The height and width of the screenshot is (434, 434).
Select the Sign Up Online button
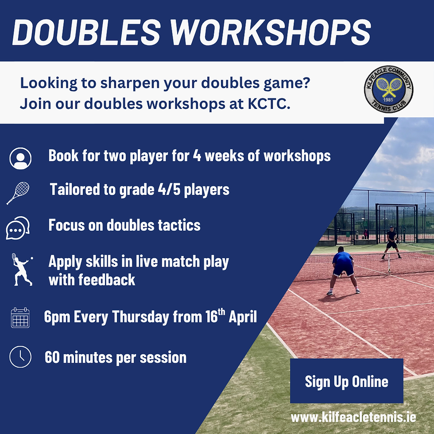(x=346, y=381)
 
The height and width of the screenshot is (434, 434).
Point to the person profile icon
(x=20, y=158)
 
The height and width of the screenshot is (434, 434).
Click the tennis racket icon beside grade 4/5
(x=18, y=193)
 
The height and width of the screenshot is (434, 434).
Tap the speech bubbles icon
(x=18, y=228)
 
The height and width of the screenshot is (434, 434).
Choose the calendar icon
(x=20, y=318)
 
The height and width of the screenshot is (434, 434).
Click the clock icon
(x=20, y=357)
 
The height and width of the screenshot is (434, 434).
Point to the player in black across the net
(x=391, y=240)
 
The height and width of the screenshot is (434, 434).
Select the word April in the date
(x=242, y=318)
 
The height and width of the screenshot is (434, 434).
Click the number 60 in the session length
(x=53, y=357)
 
